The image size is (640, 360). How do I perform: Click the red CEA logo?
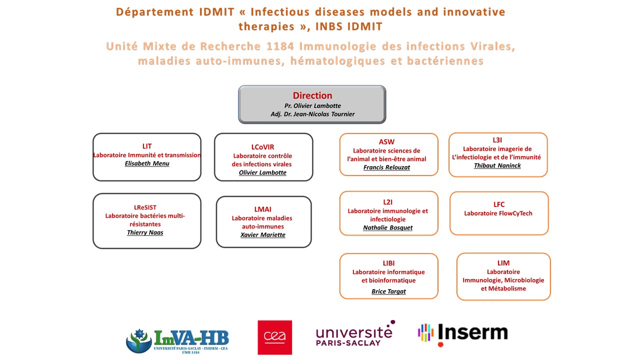pos(274,337)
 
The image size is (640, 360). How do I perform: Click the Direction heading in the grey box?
pos(312,95)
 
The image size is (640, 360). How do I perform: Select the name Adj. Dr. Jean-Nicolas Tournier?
pos(312,114)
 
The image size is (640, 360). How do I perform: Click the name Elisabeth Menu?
pos(147,163)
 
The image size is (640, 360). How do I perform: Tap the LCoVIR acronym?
pos(263,147)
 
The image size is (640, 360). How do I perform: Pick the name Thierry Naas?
pos(145,232)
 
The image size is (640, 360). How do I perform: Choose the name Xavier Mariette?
pos(263,235)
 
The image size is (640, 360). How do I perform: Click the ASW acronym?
pos(386,142)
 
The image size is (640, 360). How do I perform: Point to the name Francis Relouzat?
pos(386,167)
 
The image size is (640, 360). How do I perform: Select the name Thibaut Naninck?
pos(497,165)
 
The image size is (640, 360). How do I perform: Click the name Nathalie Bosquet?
pos(388,228)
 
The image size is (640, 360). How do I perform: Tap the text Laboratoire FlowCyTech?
pos(498,213)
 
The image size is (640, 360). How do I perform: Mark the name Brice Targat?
pos(388,291)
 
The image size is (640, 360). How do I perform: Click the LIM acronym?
pos(503,263)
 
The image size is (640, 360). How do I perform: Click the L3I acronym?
pos(497,140)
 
